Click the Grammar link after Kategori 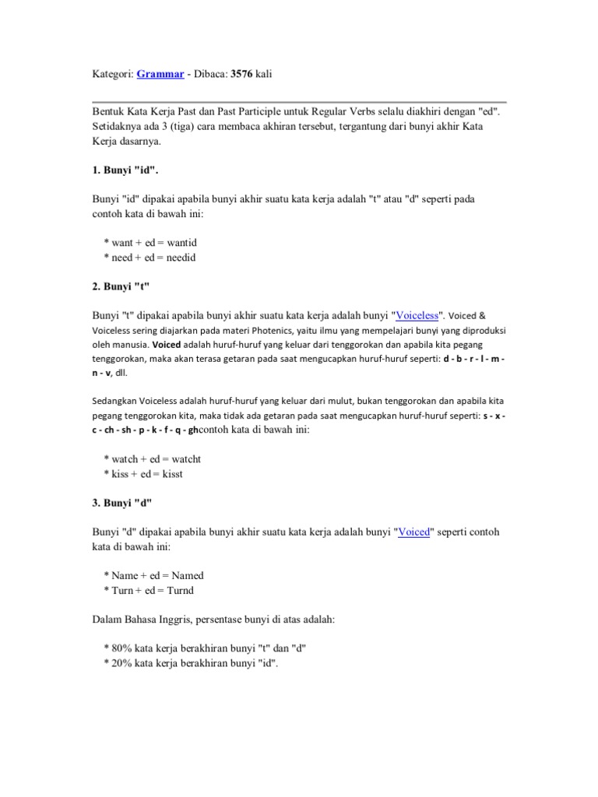click(x=160, y=74)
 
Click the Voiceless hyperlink click(x=417, y=315)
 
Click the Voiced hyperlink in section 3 click(x=414, y=532)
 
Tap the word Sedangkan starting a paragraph click(x=114, y=401)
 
